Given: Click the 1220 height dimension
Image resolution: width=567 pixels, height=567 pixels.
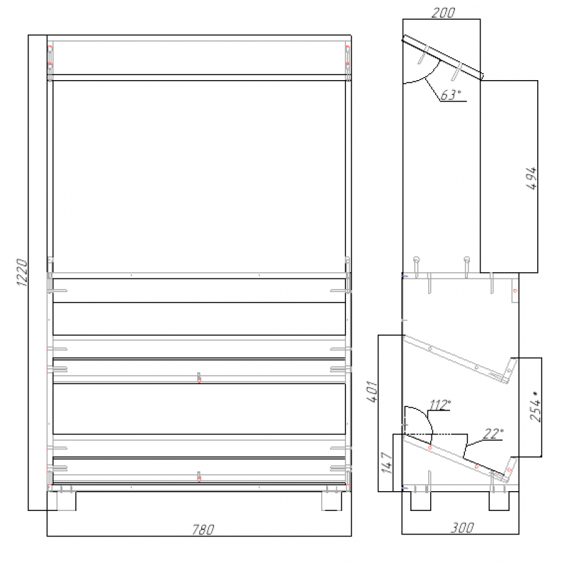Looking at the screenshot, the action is pyautogui.click(x=22, y=272).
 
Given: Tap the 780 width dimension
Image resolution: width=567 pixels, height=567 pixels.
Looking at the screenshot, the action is pyautogui.click(x=203, y=529).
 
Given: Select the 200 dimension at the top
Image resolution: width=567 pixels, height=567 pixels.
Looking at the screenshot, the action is pyautogui.click(x=444, y=13).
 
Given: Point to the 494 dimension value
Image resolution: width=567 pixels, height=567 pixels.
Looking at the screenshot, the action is pyautogui.click(x=531, y=179).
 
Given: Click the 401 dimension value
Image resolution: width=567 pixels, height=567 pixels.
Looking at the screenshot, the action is pyautogui.click(x=372, y=391).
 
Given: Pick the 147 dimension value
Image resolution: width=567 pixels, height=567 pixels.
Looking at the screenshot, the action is pyautogui.click(x=386, y=463).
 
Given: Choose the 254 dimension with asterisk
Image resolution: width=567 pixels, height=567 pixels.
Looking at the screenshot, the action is pyautogui.click(x=536, y=406).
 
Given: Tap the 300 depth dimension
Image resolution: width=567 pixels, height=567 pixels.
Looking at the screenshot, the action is pyautogui.click(x=462, y=527).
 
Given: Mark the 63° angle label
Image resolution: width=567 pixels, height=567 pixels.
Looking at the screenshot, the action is pyautogui.click(x=451, y=95).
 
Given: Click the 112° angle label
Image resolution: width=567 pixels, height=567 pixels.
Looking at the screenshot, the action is pyautogui.click(x=439, y=405).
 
